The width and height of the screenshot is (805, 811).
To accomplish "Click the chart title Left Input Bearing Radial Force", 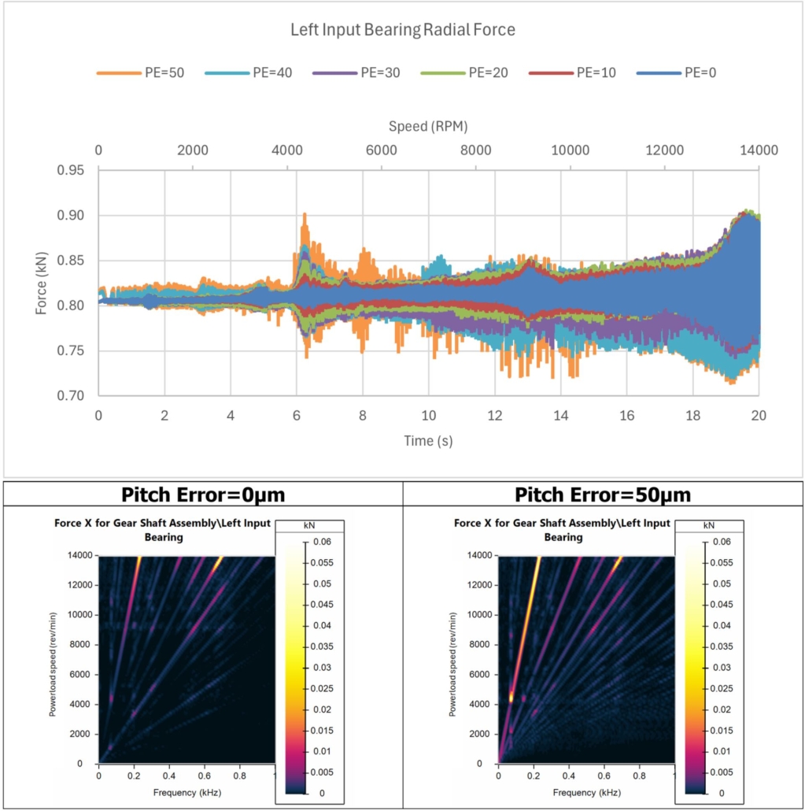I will point(402,31).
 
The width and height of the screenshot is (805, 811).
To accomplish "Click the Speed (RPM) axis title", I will point(428,126).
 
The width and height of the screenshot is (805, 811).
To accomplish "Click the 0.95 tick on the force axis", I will point(72,171).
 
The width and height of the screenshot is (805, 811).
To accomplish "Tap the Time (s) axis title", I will point(428,441).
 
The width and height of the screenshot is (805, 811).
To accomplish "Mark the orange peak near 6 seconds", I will point(304,214).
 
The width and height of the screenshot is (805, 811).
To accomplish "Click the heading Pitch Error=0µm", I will point(202,494).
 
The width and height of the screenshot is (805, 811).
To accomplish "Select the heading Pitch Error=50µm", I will point(603,494).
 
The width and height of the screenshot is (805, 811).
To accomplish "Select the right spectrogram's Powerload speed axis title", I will point(452,659).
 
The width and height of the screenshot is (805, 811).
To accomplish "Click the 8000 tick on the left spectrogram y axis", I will point(78,644).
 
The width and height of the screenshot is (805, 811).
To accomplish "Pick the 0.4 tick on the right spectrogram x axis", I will point(569,776).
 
